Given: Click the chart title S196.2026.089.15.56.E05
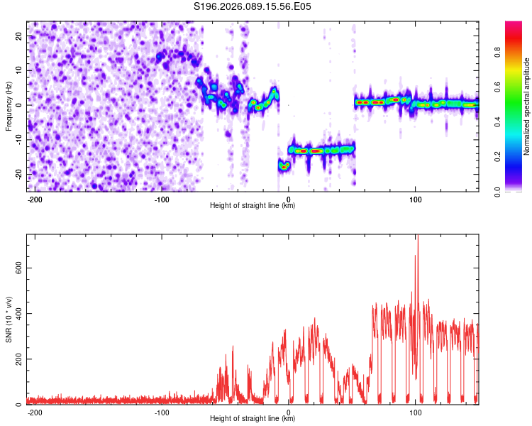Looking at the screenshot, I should [253, 6].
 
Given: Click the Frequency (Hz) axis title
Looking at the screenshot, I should [9, 106].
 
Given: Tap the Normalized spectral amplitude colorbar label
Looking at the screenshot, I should [527, 107].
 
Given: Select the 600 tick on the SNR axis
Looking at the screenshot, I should [16, 267].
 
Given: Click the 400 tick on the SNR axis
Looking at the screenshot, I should [16, 313].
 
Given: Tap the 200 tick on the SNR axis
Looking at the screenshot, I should [16, 359].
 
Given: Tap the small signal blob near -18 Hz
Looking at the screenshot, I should [284, 166].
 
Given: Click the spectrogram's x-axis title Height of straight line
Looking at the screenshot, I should [253, 206].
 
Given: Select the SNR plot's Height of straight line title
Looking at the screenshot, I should [253, 419].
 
